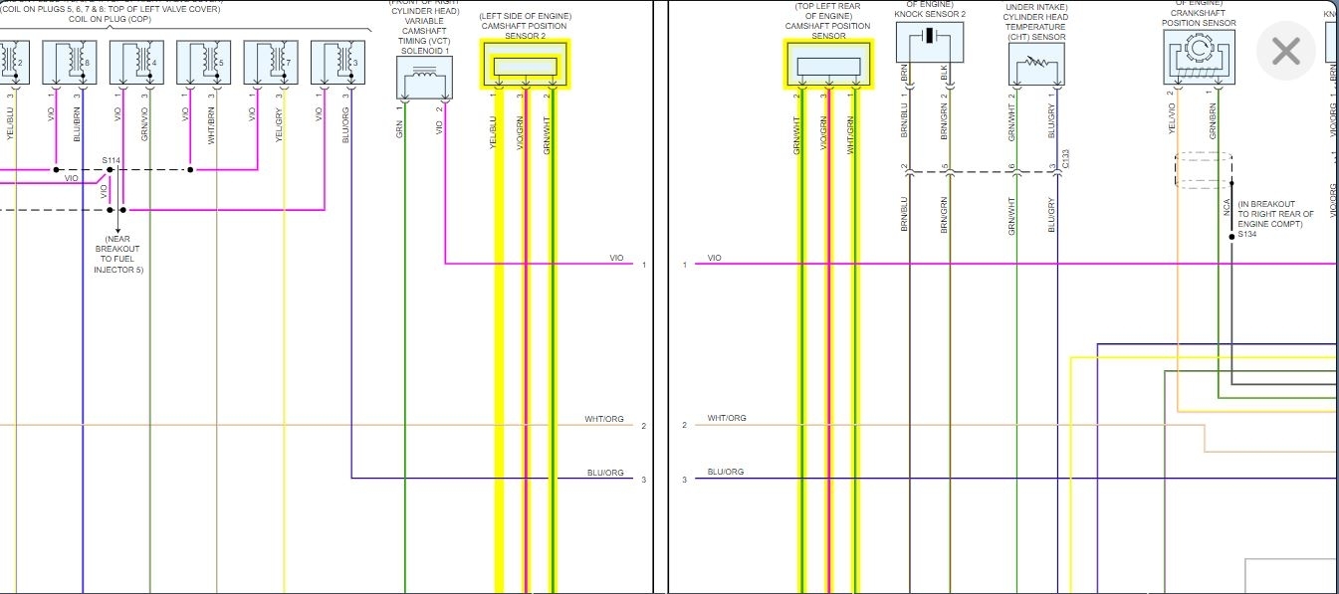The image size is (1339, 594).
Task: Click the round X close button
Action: point(1286,52)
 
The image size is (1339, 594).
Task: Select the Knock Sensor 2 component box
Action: point(929,41)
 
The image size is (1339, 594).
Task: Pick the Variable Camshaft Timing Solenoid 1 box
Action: point(424,77)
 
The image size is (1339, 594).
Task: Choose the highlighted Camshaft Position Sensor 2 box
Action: point(526,65)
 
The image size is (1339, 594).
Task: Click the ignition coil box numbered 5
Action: point(204,63)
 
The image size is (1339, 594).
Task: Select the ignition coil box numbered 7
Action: point(271,63)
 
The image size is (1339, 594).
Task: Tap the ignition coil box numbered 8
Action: point(70,63)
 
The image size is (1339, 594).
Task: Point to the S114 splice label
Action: point(111,159)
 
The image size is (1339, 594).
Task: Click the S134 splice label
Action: point(1247,235)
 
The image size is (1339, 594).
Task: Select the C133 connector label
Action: point(1065,159)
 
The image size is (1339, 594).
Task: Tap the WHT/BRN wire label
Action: point(212,125)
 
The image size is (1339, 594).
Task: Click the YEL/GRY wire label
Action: point(280,125)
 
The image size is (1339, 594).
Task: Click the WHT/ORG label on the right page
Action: point(727,418)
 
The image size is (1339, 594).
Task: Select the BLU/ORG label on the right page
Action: point(726,472)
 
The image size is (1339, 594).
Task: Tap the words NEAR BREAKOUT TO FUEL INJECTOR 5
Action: point(117,255)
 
